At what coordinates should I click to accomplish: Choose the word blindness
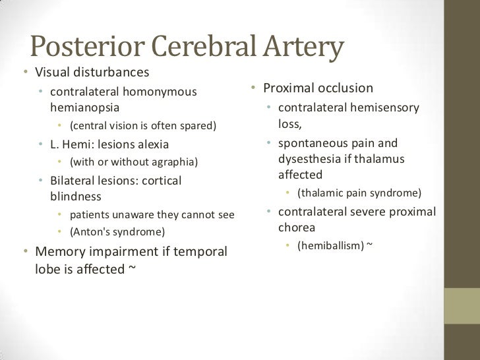(x=76, y=196)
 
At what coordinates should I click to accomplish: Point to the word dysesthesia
(x=309, y=159)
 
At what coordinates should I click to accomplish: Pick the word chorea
(x=297, y=227)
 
